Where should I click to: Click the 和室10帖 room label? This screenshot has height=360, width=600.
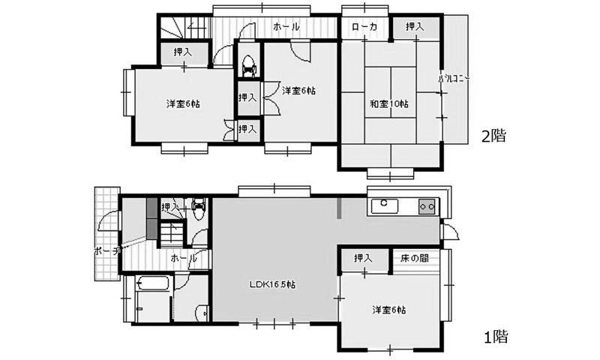tap(388, 103)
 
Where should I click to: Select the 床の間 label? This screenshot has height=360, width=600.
tap(414, 258)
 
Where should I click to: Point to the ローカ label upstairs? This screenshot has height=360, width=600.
tap(366, 27)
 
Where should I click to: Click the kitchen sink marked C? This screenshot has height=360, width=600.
tap(383, 203)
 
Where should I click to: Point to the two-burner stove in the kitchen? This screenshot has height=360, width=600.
tap(426, 205)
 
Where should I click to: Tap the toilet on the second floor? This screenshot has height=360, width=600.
tap(248, 64)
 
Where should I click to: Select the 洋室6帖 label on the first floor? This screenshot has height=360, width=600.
tap(392, 309)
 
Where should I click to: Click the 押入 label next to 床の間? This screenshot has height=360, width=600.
tap(364, 258)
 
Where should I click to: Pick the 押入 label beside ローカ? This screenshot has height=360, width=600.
tap(415, 27)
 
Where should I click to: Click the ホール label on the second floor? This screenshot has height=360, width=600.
tap(286, 27)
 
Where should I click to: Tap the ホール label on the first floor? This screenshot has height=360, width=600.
tap(184, 257)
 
